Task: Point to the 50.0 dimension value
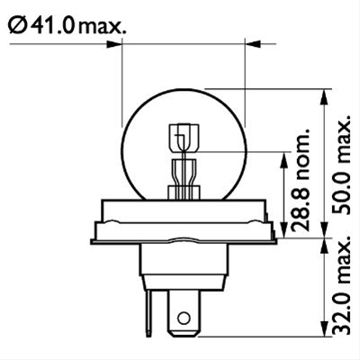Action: [342, 192]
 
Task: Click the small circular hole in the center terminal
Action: [184, 318]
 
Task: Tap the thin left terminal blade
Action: [149, 312]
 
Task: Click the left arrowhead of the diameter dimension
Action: [114, 44]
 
